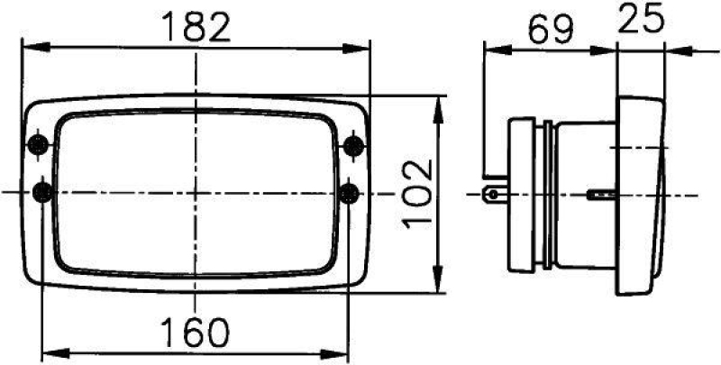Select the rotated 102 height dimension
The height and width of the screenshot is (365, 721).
(x=418, y=193)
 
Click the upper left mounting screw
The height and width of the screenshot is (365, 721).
(x=38, y=145)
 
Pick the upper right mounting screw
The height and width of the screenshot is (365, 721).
(x=354, y=144)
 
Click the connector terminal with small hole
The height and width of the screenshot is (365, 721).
(x=493, y=193)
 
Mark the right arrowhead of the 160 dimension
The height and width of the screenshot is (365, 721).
(x=340, y=351)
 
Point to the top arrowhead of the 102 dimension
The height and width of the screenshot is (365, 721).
(x=439, y=106)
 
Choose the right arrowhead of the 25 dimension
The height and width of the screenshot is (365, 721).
(x=662, y=48)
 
